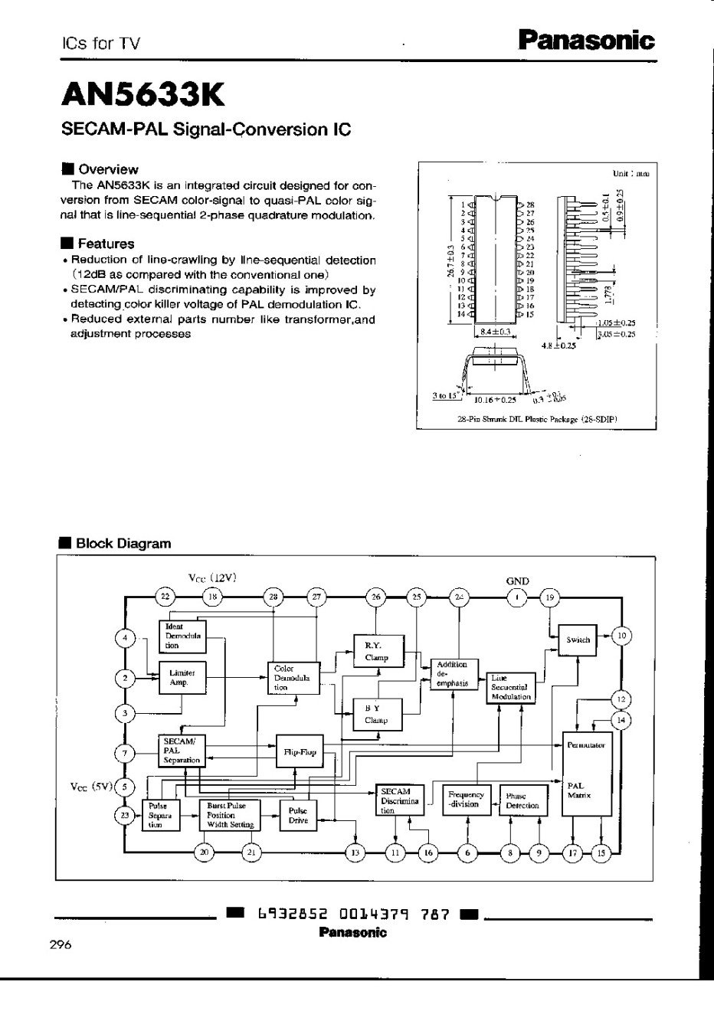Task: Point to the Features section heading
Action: [106, 244]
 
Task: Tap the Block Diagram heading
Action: [123, 543]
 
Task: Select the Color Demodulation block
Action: [292, 677]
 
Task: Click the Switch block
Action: [578, 639]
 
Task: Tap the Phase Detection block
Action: [522, 800]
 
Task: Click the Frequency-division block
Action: [466, 800]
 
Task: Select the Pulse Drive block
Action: [298, 815]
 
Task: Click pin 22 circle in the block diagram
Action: [165, 597]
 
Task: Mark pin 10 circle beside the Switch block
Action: [622, 635]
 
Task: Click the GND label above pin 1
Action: [518, 581]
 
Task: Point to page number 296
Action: [61, 944]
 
